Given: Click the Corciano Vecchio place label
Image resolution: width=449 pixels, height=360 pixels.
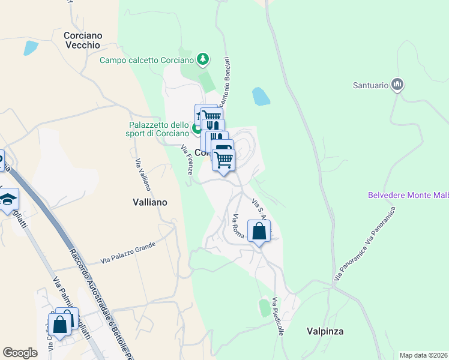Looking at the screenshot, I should [x=82, y=40].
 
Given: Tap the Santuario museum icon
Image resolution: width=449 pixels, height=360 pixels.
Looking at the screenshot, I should [x=397, y=85].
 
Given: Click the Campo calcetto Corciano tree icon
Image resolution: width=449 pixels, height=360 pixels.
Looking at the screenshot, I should [x=203, y=59].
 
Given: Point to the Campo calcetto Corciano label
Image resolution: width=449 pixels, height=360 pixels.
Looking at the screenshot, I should [x=146, y=60].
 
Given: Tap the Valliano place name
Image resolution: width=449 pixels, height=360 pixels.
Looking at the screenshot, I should [x=149, y=202].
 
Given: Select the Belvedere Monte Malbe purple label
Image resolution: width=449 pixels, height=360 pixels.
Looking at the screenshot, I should [x=408, y=195].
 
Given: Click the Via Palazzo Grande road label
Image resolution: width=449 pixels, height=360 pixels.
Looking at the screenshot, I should [x=128, y=252].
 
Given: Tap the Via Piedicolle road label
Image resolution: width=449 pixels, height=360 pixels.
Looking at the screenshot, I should [x=278, y=316].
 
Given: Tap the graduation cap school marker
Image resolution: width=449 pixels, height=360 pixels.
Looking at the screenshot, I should [x=7, y=199].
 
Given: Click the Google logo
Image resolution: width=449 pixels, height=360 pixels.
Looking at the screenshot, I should [x=20, y=353].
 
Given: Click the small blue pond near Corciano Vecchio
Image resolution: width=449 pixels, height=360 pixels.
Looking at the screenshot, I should [x=30, y=47].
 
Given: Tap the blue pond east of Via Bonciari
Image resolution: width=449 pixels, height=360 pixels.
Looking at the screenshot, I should [x=260, y=95].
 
